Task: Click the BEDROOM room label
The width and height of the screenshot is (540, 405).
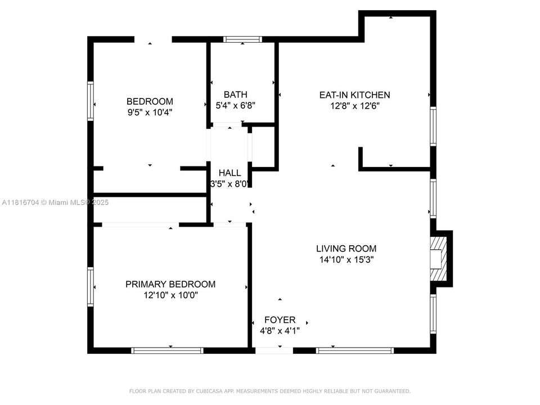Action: tap(150, 101)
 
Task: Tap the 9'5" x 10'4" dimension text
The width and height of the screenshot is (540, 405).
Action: tap(150, 112)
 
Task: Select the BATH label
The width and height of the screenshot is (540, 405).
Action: tap(235, 94)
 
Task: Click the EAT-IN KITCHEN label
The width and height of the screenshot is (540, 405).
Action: tap(354, 95)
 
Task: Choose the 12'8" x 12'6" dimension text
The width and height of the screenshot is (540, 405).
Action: tap(354, 106)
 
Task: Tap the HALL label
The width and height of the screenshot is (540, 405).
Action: tap(229, 173)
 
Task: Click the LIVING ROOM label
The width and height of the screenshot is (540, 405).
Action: tap(346, 249)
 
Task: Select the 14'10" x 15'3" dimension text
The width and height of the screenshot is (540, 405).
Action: tap(346, 259)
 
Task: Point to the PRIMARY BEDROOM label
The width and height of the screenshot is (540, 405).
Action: tap(170, 284)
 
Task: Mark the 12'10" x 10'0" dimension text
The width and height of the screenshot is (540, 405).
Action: tap(170, 295)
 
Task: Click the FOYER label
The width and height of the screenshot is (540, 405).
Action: tap(280, 320)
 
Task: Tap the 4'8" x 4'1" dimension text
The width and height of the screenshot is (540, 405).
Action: tap(280, 331)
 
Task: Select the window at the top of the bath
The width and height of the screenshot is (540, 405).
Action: tap(242, 39)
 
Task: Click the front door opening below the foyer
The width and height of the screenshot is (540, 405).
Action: tap(274, 350)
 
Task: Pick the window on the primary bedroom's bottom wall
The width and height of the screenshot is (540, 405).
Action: tap(167, 350)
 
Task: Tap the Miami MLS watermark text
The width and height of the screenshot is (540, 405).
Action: tap(56, 202)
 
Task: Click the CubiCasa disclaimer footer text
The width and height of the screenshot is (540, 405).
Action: tap(270, 391)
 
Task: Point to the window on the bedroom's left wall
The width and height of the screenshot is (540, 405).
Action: tap(90, 101)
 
